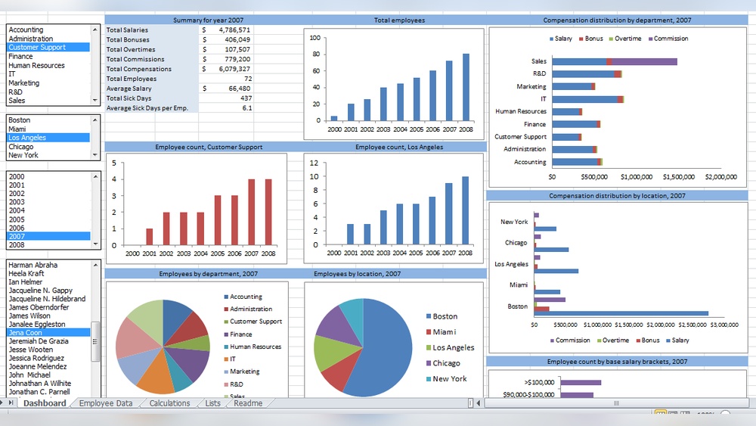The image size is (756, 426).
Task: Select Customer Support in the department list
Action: point(37,48)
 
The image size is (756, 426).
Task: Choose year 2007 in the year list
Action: point(17,236)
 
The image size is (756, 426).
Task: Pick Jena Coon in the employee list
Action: point(26,332)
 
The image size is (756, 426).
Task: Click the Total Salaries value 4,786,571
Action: point(234,30)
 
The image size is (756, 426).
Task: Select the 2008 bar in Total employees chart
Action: point(466,87)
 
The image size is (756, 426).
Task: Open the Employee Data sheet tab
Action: point(106,403)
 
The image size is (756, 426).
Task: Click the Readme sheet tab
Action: point(248,403)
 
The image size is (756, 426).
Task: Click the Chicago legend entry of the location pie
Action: point(446,363)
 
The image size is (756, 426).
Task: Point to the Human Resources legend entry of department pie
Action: point(256,347)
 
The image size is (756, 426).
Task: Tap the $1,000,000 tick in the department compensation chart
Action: point(636,177)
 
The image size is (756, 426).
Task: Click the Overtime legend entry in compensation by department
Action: point(627,39)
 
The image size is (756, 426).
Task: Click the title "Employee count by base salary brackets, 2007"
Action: point(617,362)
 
